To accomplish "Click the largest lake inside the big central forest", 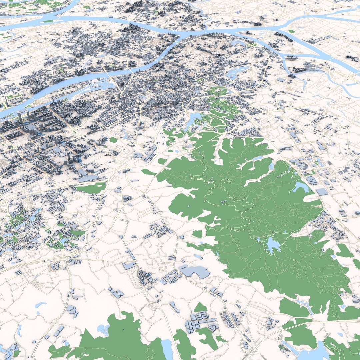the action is point(273,245).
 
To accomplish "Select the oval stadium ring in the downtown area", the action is point(60,150).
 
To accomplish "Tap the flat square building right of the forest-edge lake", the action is point(322,192).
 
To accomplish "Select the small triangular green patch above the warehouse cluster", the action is point(200,307).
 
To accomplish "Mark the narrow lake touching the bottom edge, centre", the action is point(167,348).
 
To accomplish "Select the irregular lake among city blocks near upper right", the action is point(238,72).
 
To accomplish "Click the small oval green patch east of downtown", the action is point(113,140).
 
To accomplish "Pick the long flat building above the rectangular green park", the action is point(88,178).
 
